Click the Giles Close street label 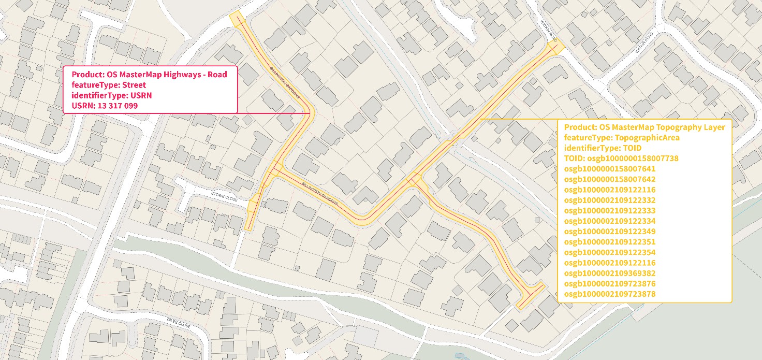(x=179, y=325)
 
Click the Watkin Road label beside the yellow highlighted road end (x=548, y=31)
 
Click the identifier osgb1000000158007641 (x=610, y=169)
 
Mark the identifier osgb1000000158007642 (x=610, y=179)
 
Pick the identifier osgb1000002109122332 (x=610, y=200)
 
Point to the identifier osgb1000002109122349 (x=610, y=232)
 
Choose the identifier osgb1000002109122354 (x=610, y=252)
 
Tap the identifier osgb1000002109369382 (x=610, y=273)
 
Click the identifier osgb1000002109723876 (x=610, y=284)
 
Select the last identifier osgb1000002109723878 (x=610, y=294)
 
